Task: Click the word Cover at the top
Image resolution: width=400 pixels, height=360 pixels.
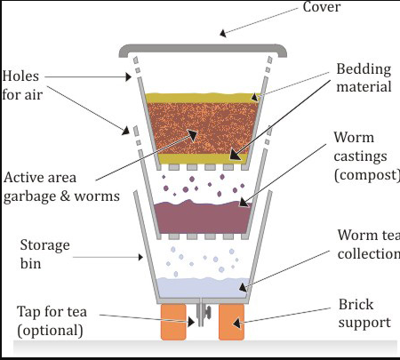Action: [322, 7]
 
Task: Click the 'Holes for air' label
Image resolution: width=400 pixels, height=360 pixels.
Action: [22, 85]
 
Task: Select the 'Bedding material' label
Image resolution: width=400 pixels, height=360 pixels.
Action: [364, 78]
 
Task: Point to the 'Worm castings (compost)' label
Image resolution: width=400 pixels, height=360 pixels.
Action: [367, 156]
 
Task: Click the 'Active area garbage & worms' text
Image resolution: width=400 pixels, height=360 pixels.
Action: [61, 187]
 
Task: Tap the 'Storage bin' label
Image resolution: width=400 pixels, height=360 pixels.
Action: [45, 254]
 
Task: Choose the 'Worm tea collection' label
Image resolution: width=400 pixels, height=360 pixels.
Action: [369, 244]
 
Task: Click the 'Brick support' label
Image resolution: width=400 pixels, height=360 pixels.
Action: [364, 313]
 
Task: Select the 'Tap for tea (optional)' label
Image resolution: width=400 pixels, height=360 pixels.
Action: [52, 321]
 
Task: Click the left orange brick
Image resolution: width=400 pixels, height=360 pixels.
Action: [173, 322]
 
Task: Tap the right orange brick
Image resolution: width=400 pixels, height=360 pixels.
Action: [231, 322]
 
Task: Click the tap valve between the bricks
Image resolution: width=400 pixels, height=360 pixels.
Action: [204, 314]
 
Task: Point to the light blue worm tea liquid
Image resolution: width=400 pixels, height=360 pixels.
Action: [203, 288]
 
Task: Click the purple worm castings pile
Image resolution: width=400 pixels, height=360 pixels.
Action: [203, 218]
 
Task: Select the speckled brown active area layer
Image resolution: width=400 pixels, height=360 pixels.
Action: [203, 128]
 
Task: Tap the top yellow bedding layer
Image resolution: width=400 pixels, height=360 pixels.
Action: [203, 98]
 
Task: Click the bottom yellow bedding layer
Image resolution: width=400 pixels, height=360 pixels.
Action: [203, 158]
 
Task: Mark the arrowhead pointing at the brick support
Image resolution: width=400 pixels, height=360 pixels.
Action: [236, 324]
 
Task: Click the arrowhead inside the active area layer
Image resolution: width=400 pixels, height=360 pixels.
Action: [193, 135]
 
